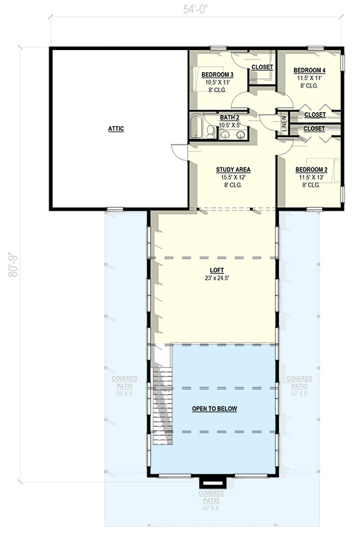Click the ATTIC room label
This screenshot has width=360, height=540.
(x=116, y=128)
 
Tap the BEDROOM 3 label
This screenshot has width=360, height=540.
(x=217, y=74)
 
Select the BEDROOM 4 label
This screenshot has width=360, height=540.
(x=310, y=70)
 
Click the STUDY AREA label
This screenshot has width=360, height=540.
(x=234, y=169)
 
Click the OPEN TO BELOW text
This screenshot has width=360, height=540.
(x=214, y=409)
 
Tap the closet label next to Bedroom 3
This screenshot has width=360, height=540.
(x=261, y=67)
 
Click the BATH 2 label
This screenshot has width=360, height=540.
(x=229, y=118)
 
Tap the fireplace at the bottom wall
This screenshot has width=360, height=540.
(x=212, y=481)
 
